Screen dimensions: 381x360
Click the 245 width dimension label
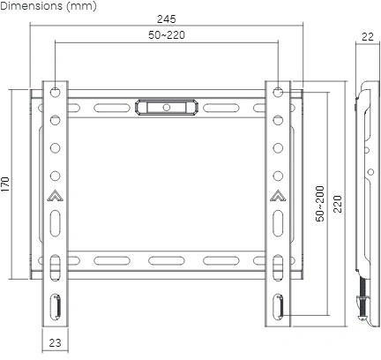click(x=167, y=19)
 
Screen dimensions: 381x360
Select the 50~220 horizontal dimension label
click(x=167, y=35)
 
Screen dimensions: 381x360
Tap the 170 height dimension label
click(x=5, y=184)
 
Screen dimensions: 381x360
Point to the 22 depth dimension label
click(x=368, y=37)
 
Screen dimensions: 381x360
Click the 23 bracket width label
click(x=55, y=342)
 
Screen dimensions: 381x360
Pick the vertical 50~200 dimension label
click(x=320, y=204)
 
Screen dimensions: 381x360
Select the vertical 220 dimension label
click(x=338, y=204)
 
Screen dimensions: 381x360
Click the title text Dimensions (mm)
click(x=49, y=6)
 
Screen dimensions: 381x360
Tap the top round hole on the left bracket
click(x=55, y=92)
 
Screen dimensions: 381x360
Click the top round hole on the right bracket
click(x=278, y=92)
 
